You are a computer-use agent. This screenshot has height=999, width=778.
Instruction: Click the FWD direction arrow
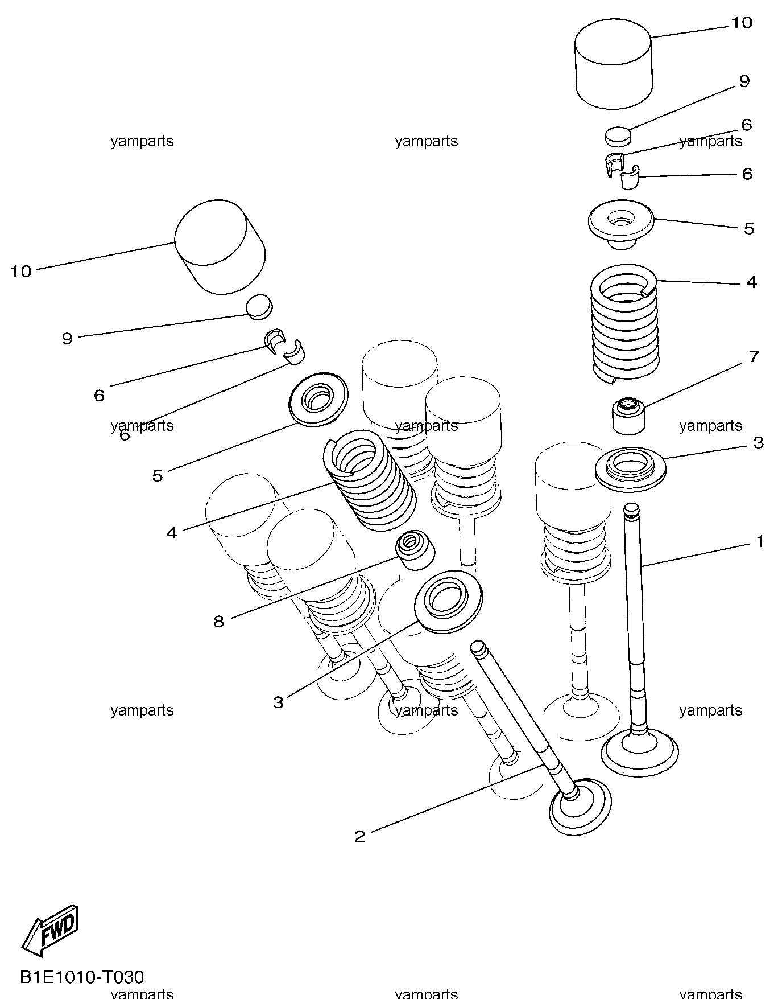coord(50,930)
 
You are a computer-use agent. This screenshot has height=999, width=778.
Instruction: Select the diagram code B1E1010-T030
coord(82,977)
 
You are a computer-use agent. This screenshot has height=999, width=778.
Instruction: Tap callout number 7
coord(754,356)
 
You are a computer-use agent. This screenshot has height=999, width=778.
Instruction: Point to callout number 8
coord(219,621)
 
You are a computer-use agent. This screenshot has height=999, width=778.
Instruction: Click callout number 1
coord(760,542)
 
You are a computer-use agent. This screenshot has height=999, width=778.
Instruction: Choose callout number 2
coord(359,836)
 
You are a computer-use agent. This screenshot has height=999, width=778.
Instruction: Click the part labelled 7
coord(629,416)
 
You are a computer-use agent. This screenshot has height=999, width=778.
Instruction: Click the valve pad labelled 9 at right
coord(618,137)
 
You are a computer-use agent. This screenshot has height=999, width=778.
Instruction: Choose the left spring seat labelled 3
coord(449,601)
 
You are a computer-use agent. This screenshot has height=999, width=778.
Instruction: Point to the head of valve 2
coord(581,807)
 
